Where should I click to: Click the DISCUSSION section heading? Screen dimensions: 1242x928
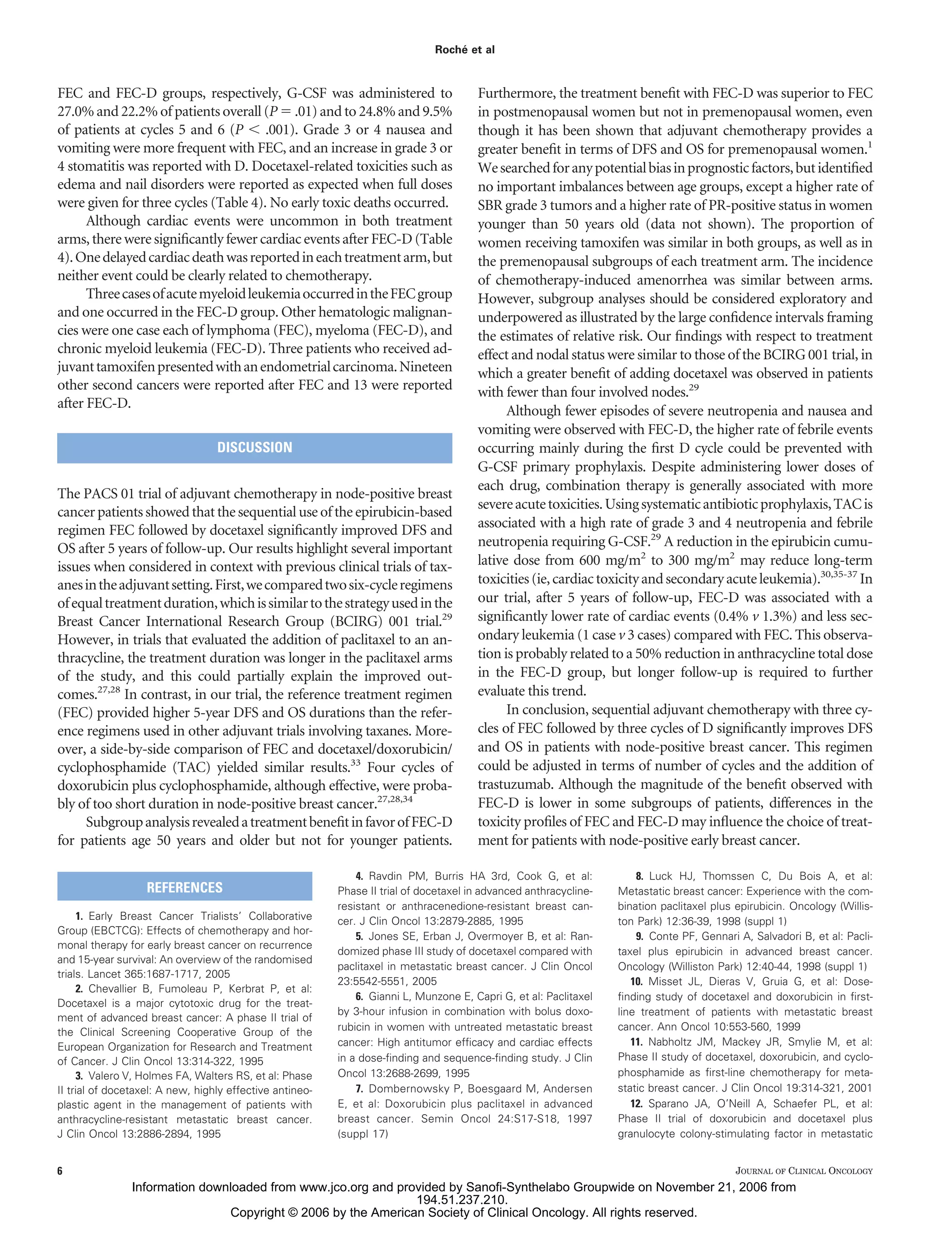click(254, 448)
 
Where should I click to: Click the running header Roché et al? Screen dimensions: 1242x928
click(464, 50)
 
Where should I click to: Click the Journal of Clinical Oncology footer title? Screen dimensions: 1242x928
click(803, 1171)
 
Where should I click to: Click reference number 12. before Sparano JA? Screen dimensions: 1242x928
click(636, 1103)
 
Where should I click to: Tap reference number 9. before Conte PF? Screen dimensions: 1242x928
click(639, 936)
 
